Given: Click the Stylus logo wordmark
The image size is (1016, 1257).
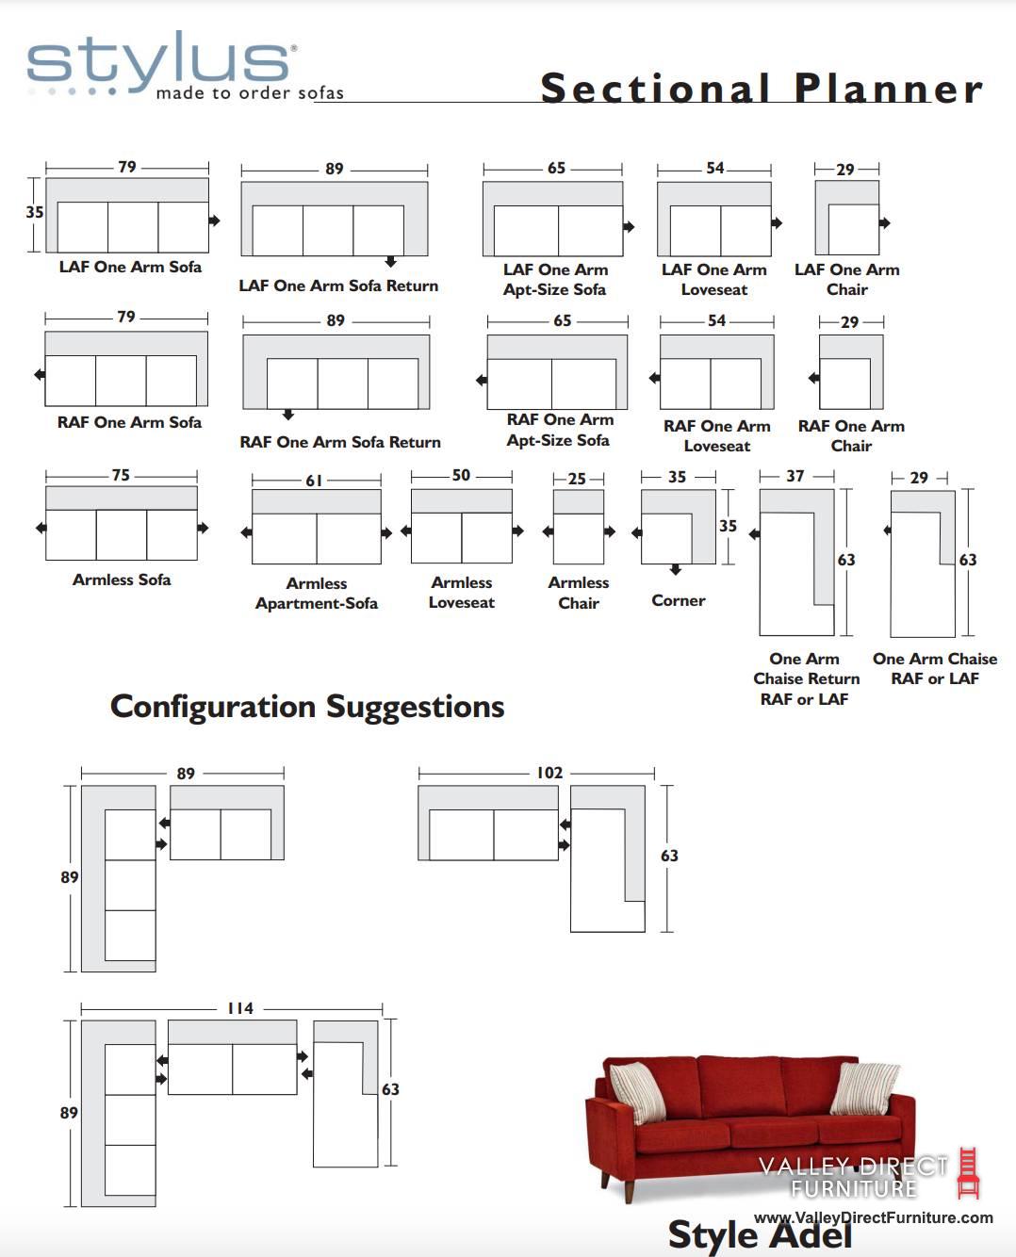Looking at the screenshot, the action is (159, 61).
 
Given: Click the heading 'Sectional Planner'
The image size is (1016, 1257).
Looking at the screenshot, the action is (761, 89).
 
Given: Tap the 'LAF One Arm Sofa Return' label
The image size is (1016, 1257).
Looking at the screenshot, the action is (338, 286).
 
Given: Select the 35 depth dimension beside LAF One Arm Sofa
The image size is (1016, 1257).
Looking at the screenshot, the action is (34, 212).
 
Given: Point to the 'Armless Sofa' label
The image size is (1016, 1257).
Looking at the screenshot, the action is (122, 580).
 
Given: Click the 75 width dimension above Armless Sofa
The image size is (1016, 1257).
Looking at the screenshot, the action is (121, 475).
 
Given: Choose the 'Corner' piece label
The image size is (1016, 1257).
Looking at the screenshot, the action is (679, 600).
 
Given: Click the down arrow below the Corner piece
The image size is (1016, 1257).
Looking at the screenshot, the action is (676, 569).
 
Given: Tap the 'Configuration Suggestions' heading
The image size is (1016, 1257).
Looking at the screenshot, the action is (307, 707).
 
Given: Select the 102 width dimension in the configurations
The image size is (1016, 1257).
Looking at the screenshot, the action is (549, 773).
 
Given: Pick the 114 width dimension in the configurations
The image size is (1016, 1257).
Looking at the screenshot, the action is (240, 1008).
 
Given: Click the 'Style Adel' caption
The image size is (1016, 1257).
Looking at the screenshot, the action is (760, 1234).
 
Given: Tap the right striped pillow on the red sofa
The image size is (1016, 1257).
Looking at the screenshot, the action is (865, 1094).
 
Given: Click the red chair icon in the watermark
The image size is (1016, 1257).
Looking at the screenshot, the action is (968, 1172).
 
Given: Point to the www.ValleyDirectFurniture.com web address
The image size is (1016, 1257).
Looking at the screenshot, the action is (874, 1217).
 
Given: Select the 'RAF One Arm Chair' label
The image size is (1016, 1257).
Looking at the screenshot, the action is (851, 435).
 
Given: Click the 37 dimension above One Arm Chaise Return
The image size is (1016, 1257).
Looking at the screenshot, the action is (795, 476).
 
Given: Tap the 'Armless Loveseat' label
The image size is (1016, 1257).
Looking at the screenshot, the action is (462, 593).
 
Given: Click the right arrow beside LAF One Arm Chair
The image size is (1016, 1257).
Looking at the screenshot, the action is (884, 222).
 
